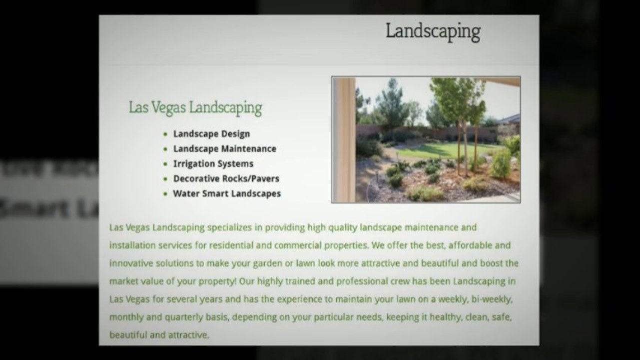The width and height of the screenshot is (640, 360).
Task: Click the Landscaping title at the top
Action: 433,31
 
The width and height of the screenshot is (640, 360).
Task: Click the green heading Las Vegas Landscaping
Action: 195,107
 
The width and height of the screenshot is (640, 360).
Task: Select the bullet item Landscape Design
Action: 211,134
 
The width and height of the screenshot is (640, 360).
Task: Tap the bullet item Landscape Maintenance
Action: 224,148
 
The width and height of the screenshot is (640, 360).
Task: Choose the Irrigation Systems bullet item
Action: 213,163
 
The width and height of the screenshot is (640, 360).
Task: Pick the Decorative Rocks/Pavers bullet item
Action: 226,178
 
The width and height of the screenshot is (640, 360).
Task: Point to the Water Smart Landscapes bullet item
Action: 227,193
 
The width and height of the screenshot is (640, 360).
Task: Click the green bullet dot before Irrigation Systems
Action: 165,164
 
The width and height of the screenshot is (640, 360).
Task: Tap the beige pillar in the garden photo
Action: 344,140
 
